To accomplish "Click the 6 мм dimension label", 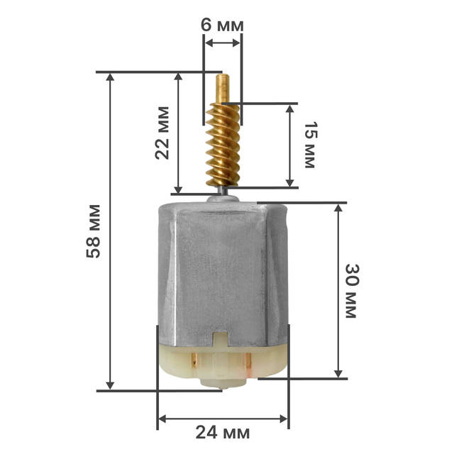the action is click(222, 26).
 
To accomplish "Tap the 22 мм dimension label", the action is click(162, 133).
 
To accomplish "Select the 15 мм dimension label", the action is click(311, 145).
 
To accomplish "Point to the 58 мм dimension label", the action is click(94, 231).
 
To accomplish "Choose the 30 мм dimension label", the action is click(352, 291).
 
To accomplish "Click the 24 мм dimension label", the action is click(222, 433).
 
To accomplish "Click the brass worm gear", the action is click(223, 145).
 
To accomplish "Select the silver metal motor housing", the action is click(223, 274).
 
